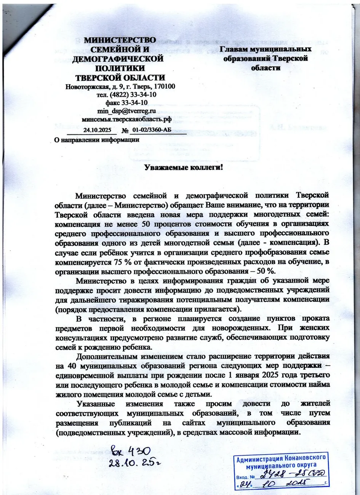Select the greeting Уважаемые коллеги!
(183, 167)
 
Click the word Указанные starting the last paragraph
(95, 404)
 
